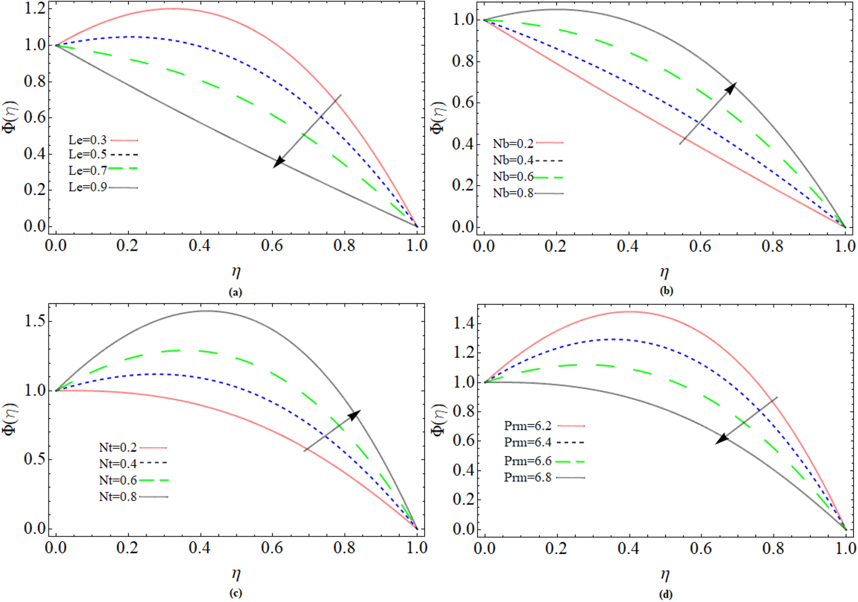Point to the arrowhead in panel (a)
click(x=279, y=162)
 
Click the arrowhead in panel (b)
click(x=730, y=88)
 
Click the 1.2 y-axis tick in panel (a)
click(x=35, y=8)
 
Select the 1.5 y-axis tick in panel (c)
click(x=35, y=322)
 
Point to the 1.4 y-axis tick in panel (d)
click(x=464, y=323)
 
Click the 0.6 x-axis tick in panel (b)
click(x=700, y=247)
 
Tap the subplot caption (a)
click(x=235, y=293)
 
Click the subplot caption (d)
click(x=666, y=595)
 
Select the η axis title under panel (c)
click(x=236, y=574)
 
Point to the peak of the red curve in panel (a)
click(x=173, y=8)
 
